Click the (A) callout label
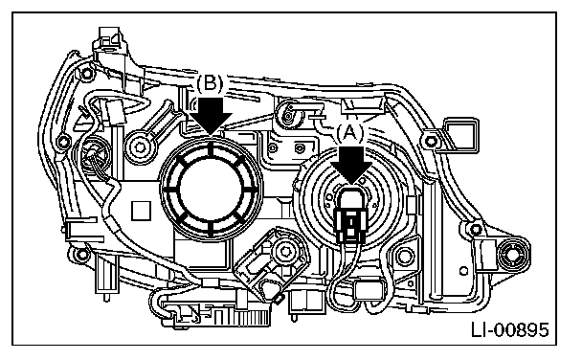click(x=350, y=133)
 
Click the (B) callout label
click(x=210, y=83)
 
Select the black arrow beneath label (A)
click(x=351, y=165)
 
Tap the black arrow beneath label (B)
click(x=210, y=115)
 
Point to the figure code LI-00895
click(x=510, y=329)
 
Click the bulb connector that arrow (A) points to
click(x=350, y=214)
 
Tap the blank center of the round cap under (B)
click(x=211, y=189)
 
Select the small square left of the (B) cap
click(x=141, y=211)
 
